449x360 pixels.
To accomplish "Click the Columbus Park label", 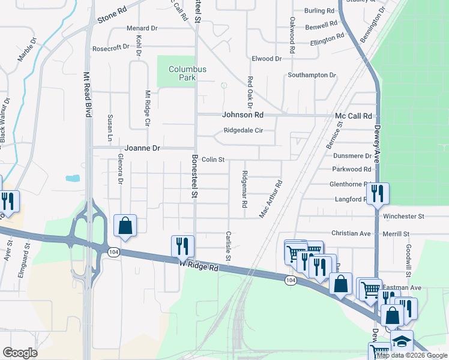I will point(187,73).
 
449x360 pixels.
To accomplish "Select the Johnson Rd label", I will point(243,115).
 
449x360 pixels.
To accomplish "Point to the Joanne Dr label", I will point(142,148).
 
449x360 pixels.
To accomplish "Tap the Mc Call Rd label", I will point(354,116).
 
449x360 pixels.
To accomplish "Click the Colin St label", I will point(212,160).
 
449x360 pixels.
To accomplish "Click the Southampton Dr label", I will point(312,75).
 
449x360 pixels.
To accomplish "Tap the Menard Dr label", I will point(142,28).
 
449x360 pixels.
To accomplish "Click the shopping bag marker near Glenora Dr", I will point(125,226).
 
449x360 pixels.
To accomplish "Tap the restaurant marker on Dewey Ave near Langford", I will point(377,193).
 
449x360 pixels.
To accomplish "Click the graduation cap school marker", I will point(401,341).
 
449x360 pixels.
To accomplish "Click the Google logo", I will point(20,353).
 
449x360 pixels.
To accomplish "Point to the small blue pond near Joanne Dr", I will point(73,178).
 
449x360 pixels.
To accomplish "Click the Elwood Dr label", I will point(267,59).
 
